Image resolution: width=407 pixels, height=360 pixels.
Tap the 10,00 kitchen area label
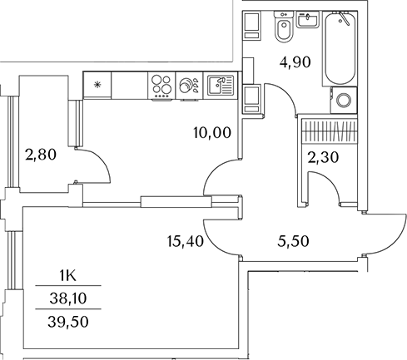click(211, 131)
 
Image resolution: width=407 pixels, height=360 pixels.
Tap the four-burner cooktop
click(161, 85)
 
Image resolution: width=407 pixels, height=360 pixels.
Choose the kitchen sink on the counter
click(220, 85)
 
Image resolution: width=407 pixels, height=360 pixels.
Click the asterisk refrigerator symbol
click(98, 85)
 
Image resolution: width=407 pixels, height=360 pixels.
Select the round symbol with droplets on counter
click(188, 85)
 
